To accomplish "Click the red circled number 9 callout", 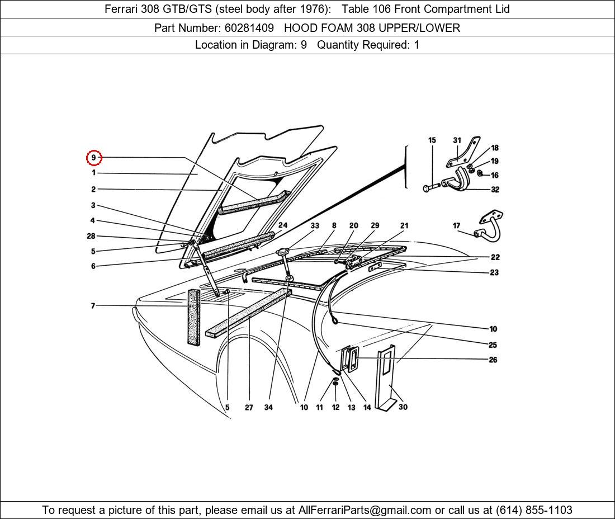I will point(94,158).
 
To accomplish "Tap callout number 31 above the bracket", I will point(457,140).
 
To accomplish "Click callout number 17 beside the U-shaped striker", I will point(457,226).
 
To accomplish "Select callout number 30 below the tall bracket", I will point(403,407).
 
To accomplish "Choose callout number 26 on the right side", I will point(493,360).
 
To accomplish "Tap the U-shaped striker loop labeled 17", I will point(490,229).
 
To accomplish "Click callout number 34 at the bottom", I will point(268,408).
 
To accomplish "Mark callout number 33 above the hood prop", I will point(315,226).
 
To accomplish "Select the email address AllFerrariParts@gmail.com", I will point(365,510).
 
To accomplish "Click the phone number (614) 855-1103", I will point(534,510).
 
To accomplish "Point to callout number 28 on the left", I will point(91,237).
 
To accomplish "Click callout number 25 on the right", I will point(493,345).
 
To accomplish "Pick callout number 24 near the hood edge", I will point(283,226).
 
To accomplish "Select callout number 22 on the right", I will point(495,257).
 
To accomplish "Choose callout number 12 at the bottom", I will point(335,408).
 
